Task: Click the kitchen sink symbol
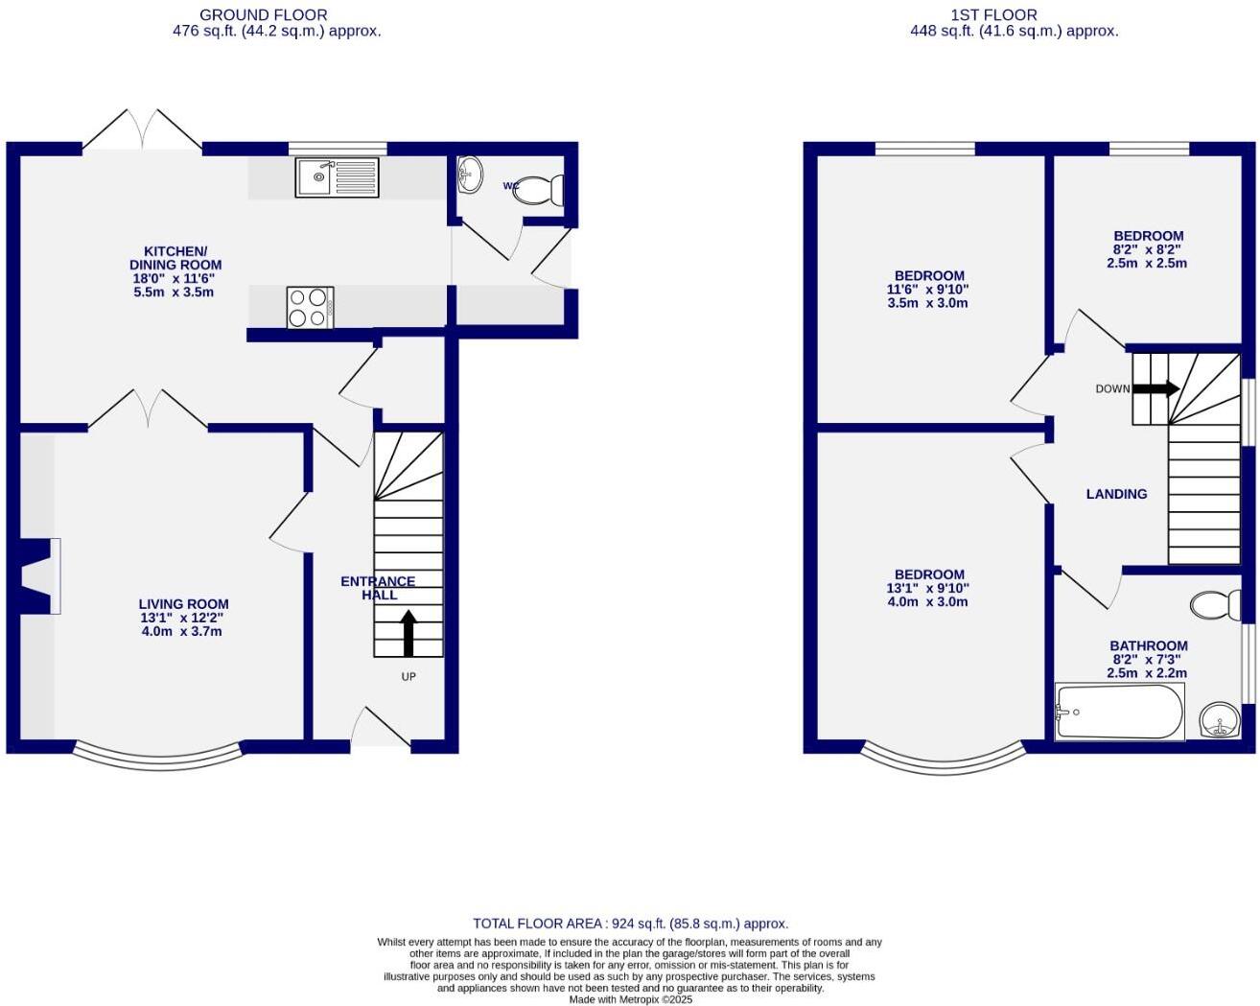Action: click(x=338, y=177)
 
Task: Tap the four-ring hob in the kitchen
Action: click(x=310, y=307)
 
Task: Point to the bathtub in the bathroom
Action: click(x=1119, y=712)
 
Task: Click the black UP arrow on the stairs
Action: click(x=408, y=633)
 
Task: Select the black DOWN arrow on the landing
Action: click(x=1155, y=388)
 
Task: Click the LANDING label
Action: click(x=1116, y=494)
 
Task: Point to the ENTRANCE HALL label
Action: click(x=379, y=588)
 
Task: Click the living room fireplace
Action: click(x=36, y=575)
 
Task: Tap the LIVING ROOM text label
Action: click(x=183, y=604)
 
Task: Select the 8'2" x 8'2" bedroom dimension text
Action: click(x=1147, y=249)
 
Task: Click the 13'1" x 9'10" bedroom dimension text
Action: click(x=927, y=589)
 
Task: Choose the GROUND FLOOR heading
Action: click(x=263, y=15)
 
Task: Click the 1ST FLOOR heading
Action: click(x=993, y=15)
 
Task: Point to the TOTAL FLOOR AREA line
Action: click(x=630, y=924)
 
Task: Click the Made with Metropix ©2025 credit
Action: click(x=630, y=999)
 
